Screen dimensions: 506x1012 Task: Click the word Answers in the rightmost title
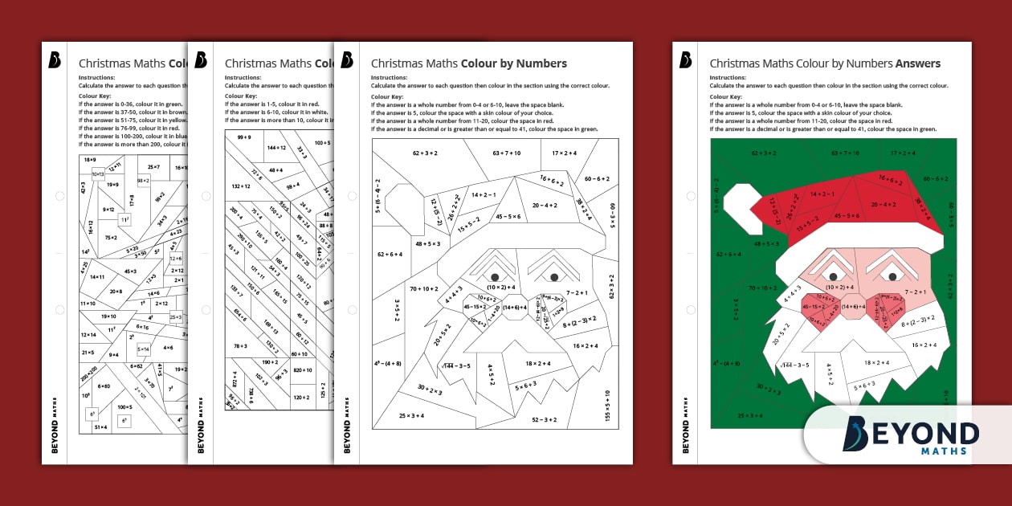[x=917, y=63]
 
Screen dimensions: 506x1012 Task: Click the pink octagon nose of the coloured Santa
[x=854, y=307]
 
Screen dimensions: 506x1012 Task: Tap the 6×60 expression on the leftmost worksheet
[x=104, y=386]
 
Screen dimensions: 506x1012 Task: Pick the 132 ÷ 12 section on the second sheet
[x=241, y=186]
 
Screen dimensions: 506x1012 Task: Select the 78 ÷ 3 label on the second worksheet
[x=241, y=346]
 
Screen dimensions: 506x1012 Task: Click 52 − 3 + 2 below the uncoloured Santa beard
[x=543, y=418]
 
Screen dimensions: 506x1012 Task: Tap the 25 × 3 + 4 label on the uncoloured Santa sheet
[x=411, y=415]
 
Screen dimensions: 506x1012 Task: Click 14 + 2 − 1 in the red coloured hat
[x=822, y=194]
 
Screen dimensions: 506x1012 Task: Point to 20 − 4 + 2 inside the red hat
[x=883, y=204]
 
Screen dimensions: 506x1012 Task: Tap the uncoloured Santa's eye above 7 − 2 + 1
[x=554, y=277]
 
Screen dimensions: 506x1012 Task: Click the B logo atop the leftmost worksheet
[x=55, y=60]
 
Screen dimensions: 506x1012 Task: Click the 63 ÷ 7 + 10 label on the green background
[x=844, y=153]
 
